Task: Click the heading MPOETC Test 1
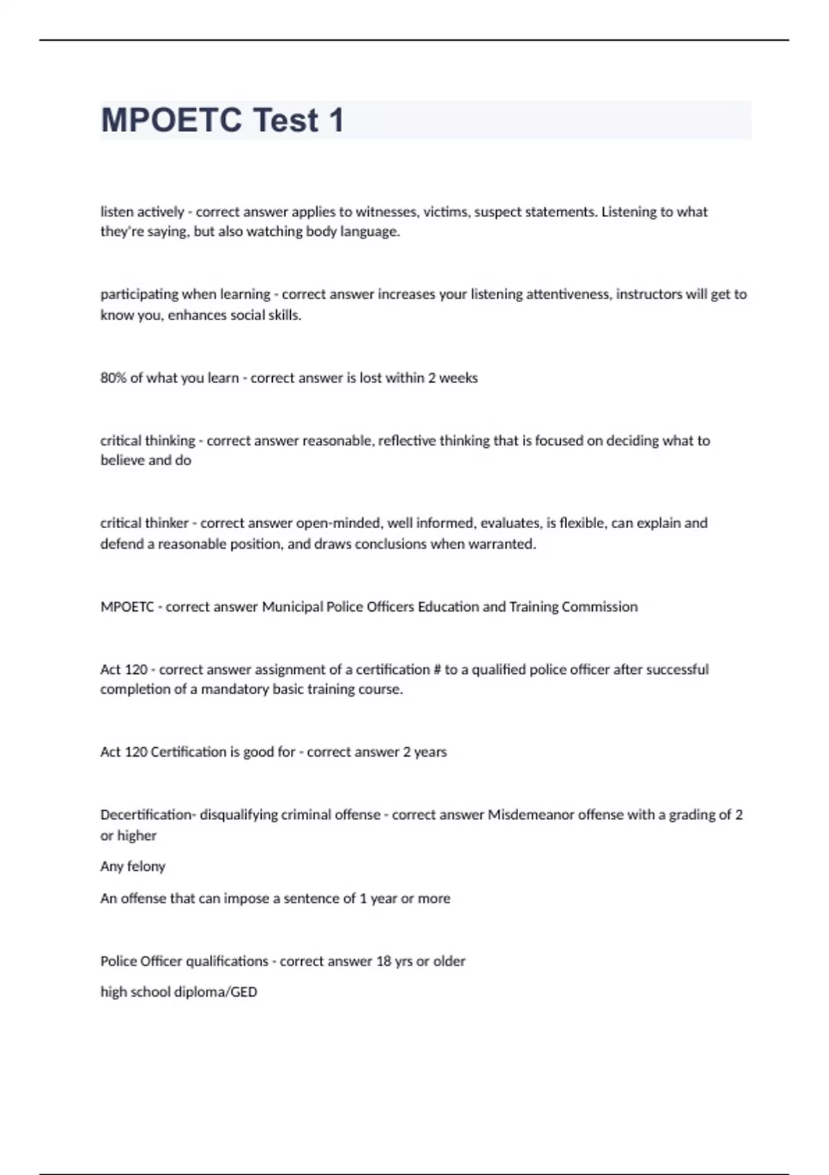pyautogui.click(x=222, y=120)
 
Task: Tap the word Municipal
pyautogui.click(x=292, y=607)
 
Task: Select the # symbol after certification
pyautogui.click(x=437, y=670)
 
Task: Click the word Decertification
pyautogui.click(x=147, y=815)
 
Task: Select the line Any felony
pyautogui.click(x=133, y=866)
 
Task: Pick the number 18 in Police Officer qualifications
pyautogui.click(x=383, y=961)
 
